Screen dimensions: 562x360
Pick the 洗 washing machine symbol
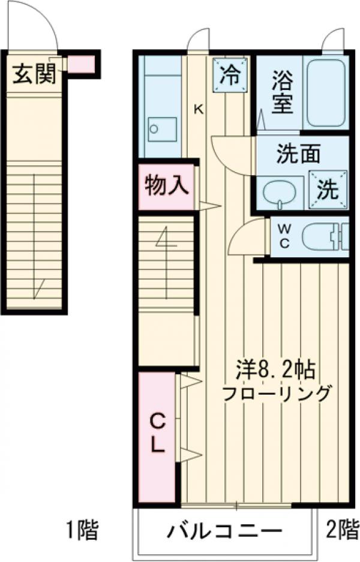(328, 189)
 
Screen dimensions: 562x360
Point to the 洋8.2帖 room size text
(276, 371)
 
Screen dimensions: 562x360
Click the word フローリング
(277, 394)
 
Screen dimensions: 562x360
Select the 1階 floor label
(81, 530)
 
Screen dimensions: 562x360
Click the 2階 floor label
(341, 530)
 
